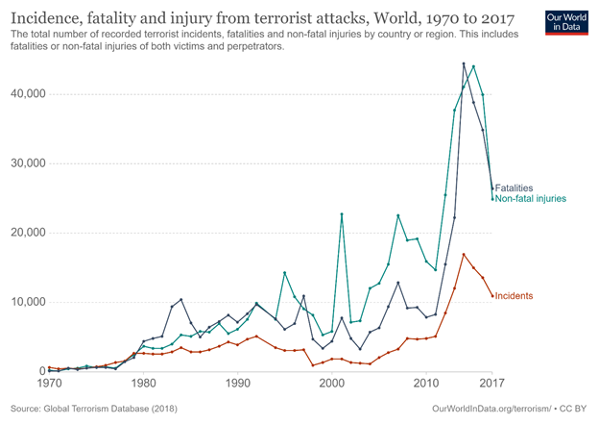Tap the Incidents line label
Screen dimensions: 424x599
pyautogui.click(x=514, y=296)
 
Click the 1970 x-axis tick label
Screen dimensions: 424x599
pyautogui.click(x=49, y=383)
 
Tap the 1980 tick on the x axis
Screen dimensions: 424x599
pyautogui.click(x=144, y=383)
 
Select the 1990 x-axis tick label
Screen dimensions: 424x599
pyautogui.click(x=237, y=383)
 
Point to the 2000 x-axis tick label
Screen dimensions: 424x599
pyautogui.click(x=331, y=383)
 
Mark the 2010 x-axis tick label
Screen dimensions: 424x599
pyautogui.click(x=425, y=383)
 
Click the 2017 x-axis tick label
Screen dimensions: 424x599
pyautogui.click(x=491, y=383)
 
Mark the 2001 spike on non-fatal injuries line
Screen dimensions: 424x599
pyautogui.click(x=341, y=213)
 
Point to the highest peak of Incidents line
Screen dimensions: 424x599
pyautogui.click(x=464, y=254)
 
